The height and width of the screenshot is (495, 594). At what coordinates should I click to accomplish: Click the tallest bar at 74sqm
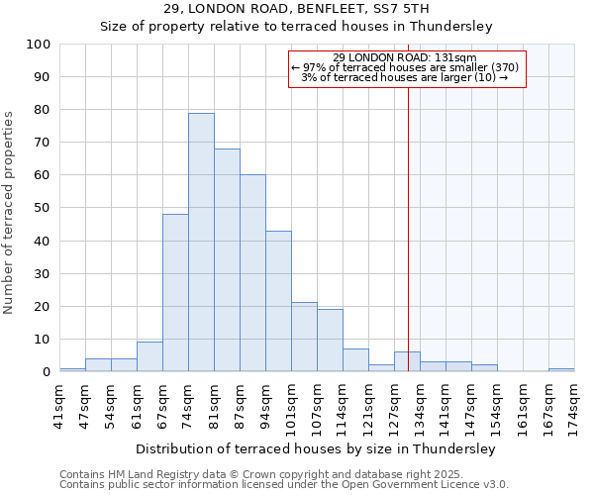[x=201, y=243]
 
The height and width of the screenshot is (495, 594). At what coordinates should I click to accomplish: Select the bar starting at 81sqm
[x=227, y=260]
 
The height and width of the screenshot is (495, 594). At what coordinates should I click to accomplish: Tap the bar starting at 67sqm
[x=175, y=293]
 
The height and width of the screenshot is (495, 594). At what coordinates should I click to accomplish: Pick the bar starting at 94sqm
[x=278, y=301]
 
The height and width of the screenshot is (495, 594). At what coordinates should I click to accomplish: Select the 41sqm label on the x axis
[x=59, y=406]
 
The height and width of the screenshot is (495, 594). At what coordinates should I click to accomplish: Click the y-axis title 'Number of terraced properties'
[x=9, y=213]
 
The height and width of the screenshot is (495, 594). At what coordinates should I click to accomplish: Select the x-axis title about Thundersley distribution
[x=315, y=448]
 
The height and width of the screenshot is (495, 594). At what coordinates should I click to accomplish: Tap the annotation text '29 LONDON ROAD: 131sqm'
[x=405, y=57]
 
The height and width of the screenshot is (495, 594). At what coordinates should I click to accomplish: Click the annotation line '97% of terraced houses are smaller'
[x=405, y=67]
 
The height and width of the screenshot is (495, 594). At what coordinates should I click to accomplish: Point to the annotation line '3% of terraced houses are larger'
[x=405, y=77]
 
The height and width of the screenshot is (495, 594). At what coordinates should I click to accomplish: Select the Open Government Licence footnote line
[x=284, y=484]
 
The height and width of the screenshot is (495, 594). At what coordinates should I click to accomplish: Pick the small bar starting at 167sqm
[x=561, y=369]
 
